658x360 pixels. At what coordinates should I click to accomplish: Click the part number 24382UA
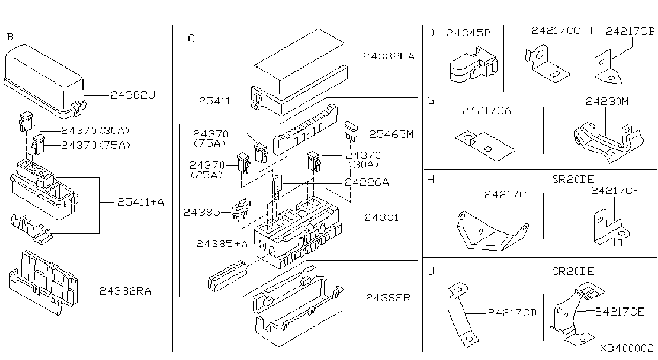click(x=389, y=56)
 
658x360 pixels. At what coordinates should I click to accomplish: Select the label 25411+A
click(x=141, y=202)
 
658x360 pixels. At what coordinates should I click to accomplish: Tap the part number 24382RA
click(x=125, y=291)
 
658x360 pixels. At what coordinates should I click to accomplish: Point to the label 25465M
click(x=391, y=134)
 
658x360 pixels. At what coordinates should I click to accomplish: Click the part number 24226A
click(x=367, y=183)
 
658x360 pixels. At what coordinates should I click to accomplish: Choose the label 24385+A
click(x=222, y=244)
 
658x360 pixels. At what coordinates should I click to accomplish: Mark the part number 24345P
click(x=468, y=33)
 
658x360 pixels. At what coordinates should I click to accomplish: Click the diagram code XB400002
click(x=626, y=348)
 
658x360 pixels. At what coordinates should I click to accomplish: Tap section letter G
click(x=430, y=101)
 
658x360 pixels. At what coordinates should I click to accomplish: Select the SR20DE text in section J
click(x=573, y=271)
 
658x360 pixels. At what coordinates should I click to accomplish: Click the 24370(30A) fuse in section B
click(x=26, y=122)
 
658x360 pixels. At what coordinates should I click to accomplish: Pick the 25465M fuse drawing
click(x=351, y=131)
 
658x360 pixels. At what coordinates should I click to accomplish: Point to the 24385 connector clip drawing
click(x=241, y=209)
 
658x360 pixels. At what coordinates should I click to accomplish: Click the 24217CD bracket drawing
click(x=462, y=315)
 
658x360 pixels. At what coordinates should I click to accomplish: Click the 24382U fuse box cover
click(x=45, y=81)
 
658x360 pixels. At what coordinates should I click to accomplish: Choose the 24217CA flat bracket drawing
click(x=485, y=146)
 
